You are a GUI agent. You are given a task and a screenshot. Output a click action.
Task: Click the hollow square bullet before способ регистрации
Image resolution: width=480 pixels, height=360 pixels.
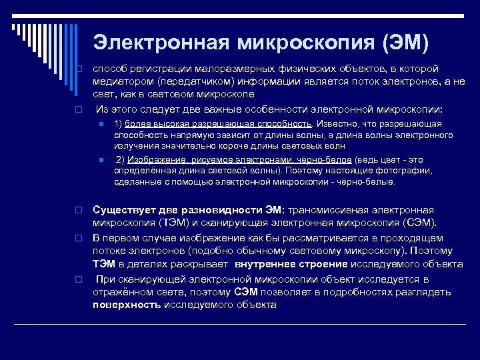[x=78, y=69]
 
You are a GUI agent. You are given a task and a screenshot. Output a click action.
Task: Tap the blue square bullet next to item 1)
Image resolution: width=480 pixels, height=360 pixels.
[x=100, y=125]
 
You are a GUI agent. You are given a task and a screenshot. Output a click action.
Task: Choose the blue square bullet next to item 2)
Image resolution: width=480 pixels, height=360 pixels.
[x=100, y=160]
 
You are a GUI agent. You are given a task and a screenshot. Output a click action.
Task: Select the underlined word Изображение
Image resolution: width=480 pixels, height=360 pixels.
[x=155, y=160]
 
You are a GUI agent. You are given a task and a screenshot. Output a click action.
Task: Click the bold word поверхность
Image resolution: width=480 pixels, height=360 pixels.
[x=127, y=305]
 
